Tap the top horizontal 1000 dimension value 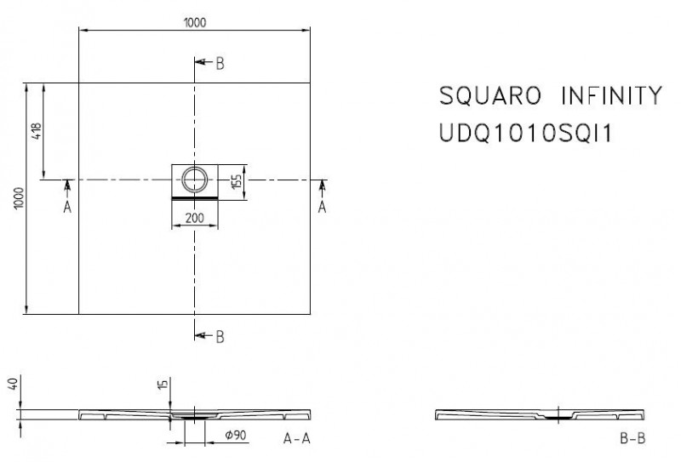click(194, 23)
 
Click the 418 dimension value click(36, 132)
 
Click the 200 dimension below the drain click(194, 218)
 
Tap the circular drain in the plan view click(194, 177)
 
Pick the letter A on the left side click(68, 207)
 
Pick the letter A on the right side click(322, 207)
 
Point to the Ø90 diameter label click(234, 436)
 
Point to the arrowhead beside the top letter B click(201, 64)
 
